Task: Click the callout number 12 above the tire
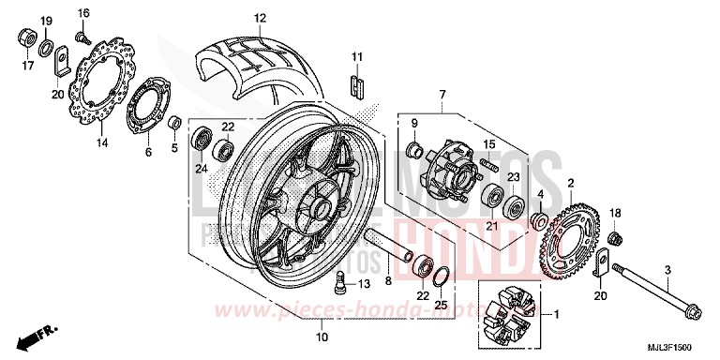(260, 18)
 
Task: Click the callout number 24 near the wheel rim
(201, 169)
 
